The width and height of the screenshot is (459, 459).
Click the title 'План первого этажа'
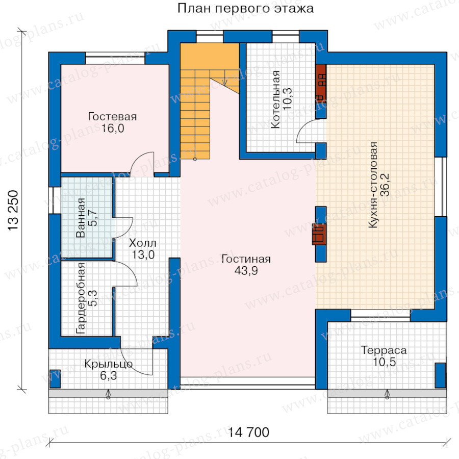coord(245,8)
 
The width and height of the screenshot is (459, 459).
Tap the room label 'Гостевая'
coord(112,116)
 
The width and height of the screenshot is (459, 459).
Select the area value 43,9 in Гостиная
coord(246,271)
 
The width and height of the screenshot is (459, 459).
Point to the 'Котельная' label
coord(275,99)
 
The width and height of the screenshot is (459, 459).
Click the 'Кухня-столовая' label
coord(373,185)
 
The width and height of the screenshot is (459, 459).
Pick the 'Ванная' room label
coord(81,217)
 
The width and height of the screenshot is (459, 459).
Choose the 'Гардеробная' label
coord(81,298)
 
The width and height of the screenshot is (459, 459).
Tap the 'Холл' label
coord(143,243)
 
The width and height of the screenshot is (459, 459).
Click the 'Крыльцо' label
coord(108,364)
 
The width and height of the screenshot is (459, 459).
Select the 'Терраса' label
coord(384,350)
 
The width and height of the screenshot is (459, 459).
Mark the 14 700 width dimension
coord(248,432)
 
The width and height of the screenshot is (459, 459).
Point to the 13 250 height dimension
coord(13,211)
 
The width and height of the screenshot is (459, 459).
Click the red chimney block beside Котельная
coord(321,83)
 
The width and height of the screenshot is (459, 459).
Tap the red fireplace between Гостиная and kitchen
coord(319,234)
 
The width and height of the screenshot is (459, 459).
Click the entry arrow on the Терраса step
coord(387,394)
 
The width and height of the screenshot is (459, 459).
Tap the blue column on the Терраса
coord(440,375)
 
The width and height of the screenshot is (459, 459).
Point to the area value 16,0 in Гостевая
coord(112,128)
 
